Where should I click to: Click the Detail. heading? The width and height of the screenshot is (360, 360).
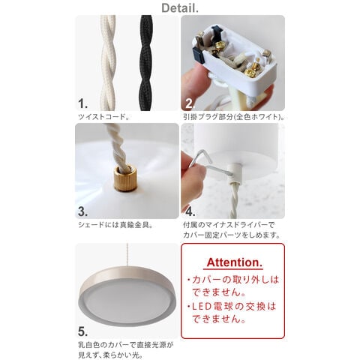tap(180, 7)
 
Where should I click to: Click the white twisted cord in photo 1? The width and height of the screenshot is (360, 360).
tap(108, 62)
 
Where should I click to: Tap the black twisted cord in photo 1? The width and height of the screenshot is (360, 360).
tap(145, 62)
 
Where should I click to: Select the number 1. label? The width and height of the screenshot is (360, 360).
tap(82, 103)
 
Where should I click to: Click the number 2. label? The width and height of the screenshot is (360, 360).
tap(190, 103)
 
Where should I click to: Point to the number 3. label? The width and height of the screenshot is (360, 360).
tap(82, 211)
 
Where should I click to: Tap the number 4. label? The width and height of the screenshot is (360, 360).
tap(190, 211)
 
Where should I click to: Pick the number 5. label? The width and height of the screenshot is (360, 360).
tap(82, 331)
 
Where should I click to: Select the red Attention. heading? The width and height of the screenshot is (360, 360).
tap(235, 262)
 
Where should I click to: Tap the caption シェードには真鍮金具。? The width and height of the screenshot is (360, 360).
tap(115, 225)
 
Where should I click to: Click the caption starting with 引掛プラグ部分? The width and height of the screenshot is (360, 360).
tap(233, 117)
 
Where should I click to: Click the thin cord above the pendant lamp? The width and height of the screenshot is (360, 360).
tap(127, 256)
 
